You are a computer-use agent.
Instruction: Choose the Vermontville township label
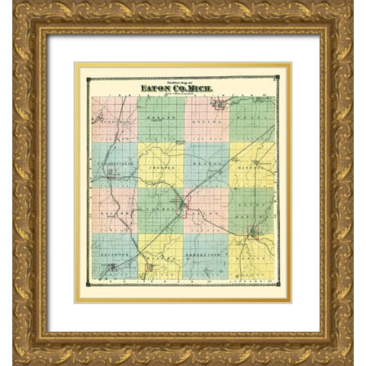114,163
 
